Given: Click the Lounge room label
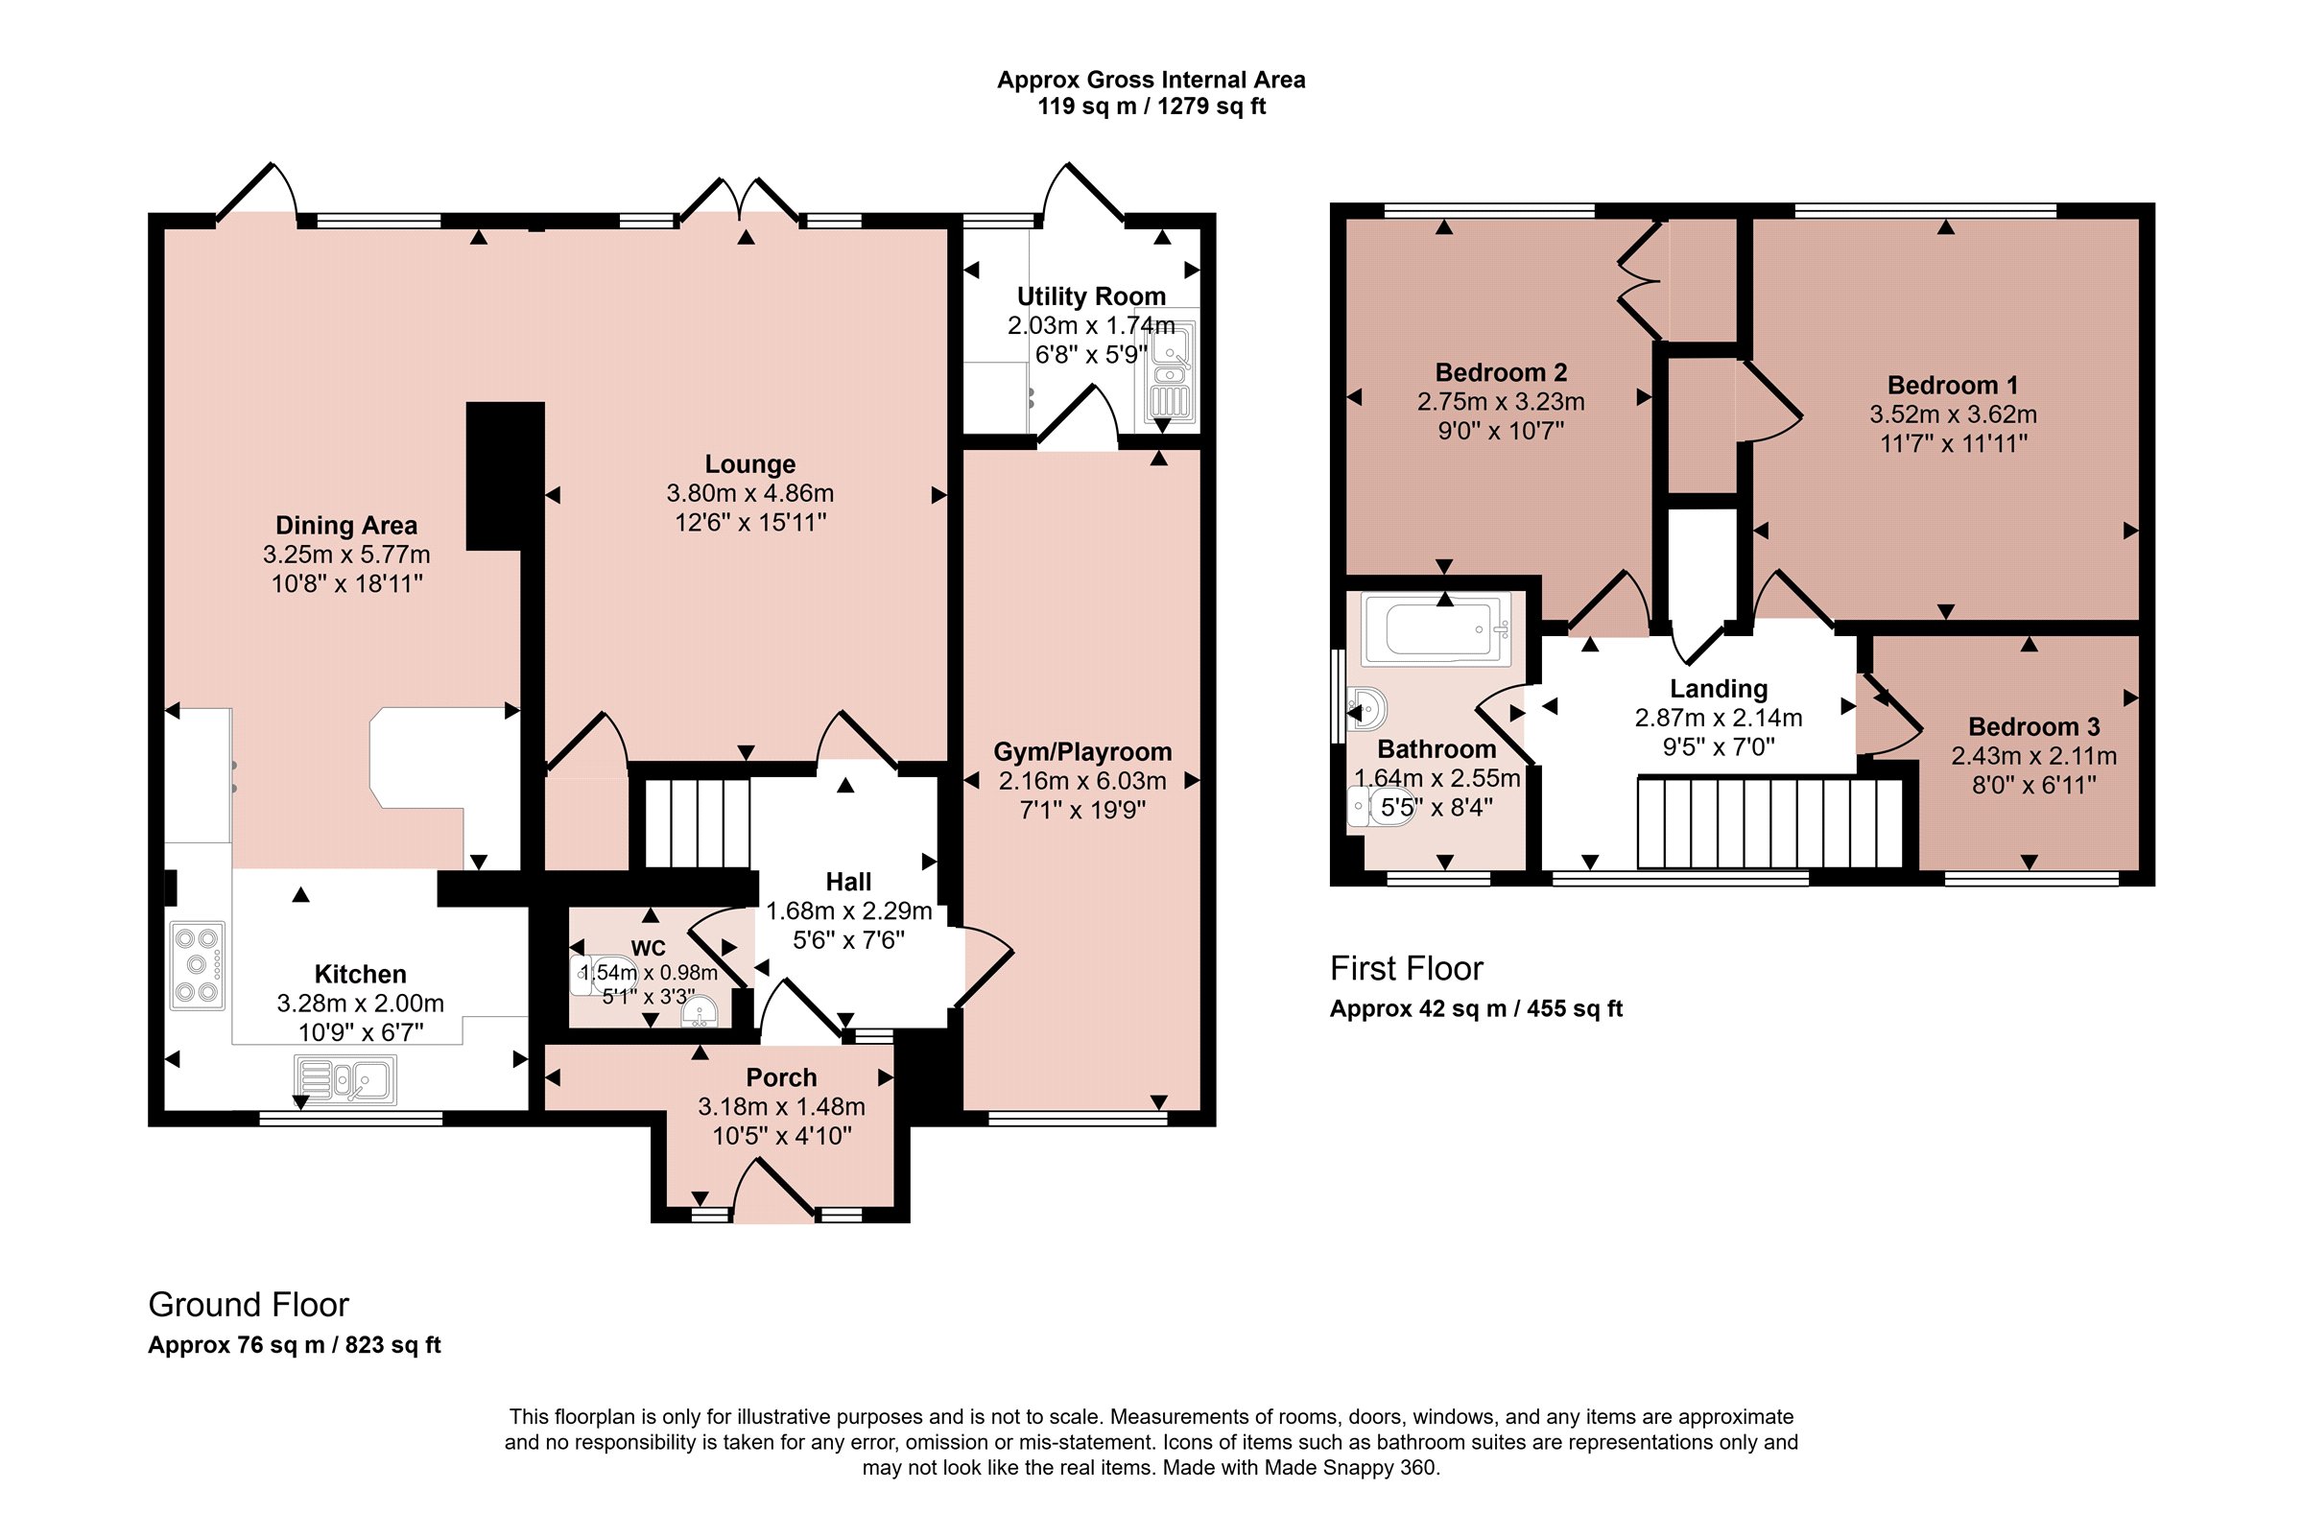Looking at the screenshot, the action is tap(750, 464).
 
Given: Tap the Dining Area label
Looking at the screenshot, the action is tap(346, 526).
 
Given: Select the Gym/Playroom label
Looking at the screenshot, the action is tap(1082, 751).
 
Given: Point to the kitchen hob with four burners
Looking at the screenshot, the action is tap(198, 965).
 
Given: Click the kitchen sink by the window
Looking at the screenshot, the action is tap(345, 1080).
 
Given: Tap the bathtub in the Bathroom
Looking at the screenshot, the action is tap(1436, 628).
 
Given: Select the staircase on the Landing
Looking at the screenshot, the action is tap(1769, 822).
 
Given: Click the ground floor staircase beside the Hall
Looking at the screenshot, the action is tap(698, 823).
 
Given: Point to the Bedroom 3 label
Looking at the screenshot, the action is tap(2034, 726).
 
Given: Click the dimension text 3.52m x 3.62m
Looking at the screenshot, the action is tap(1953, 414).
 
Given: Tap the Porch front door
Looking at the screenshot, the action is tap(774, 1189).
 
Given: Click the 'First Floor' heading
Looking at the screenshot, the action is tap(1406, 968).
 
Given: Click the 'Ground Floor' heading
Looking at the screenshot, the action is tap(248, 1305).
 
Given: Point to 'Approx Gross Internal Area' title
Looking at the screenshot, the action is tap(1151, 80).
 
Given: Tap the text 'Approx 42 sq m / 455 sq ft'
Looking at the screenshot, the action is tap(1476, 1009).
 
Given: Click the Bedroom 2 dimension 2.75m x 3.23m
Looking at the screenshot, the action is tap(1501, 401).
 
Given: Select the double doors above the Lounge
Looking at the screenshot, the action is tap(740, 200).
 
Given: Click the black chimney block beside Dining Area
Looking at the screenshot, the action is tap(505, 476).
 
